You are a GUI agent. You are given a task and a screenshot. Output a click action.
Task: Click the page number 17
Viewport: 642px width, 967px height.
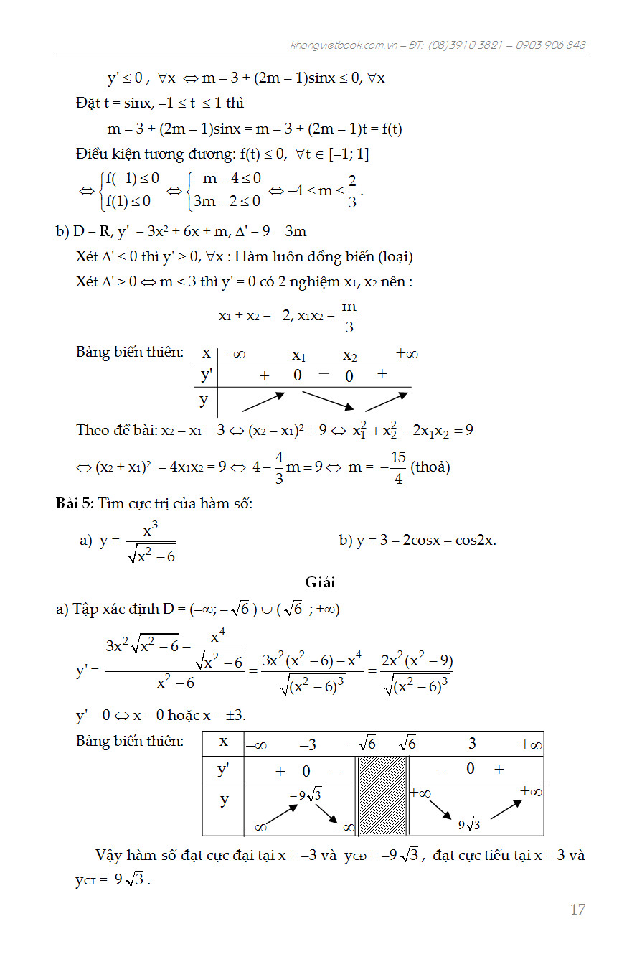pos(577,910)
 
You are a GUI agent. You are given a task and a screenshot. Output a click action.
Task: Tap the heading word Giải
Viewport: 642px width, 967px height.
pos(320,582)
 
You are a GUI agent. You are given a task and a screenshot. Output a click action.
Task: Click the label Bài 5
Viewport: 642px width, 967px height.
pos(74,504)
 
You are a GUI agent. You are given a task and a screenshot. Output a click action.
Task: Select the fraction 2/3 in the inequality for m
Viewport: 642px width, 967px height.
pos(352,190)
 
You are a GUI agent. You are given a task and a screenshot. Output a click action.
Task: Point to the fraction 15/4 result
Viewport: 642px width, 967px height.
pos(399,467)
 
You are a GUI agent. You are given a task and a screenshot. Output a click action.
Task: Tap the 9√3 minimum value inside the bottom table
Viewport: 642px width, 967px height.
pos(469,824)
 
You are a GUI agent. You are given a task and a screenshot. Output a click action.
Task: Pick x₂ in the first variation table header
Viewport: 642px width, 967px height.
pos(349,355)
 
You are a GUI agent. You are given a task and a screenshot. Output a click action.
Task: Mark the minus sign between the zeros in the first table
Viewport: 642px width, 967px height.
pos(324,373)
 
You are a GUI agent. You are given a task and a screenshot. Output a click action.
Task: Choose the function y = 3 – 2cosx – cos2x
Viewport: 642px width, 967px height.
pos(417,540)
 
